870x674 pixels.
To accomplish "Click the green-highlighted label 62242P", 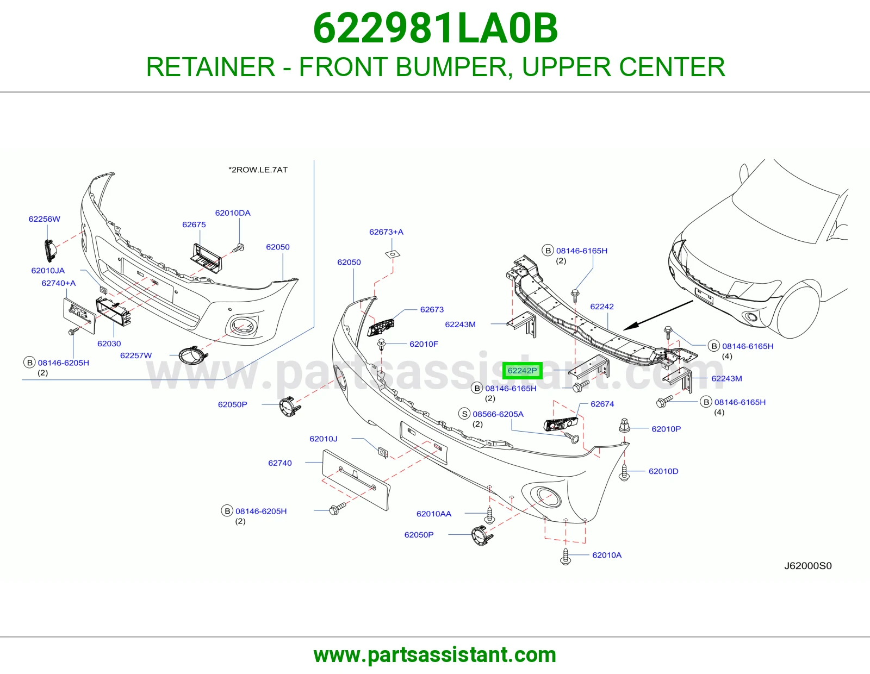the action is point(522,371).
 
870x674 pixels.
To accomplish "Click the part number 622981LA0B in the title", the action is point(435,28).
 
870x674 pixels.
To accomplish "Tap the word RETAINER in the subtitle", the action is point(210,67).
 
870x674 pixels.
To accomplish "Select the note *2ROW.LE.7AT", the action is point(258,170).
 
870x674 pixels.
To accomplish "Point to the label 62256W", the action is point(45,219).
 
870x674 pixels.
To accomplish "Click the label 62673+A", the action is point(386,232).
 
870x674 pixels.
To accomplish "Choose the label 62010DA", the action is point(233,213).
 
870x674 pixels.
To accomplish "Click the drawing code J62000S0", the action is point(808,565).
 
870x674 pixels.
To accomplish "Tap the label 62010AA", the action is point(433,514).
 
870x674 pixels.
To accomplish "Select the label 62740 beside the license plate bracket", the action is point(280,463).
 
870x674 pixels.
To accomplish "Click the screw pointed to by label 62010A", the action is point(565,557).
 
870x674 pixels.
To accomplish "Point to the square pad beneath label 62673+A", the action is point(393,254).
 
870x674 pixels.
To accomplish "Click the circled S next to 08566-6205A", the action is point(464,414).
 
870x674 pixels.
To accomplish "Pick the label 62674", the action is point(602,404).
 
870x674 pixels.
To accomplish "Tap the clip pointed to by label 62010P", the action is point(624,426).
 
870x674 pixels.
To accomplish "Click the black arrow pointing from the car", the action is point(658,315).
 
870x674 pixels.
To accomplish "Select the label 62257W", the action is point(136,355).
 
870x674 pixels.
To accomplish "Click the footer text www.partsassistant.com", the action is point(435,655).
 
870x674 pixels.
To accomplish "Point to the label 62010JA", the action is point(48,271).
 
